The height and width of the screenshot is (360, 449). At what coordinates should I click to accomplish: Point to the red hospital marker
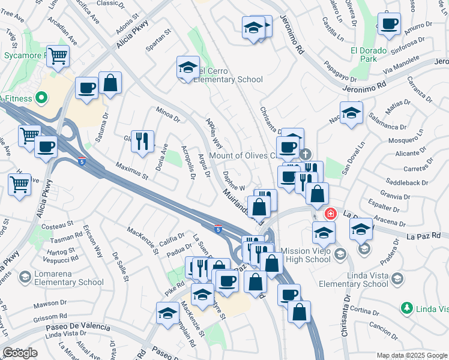click(330, 213)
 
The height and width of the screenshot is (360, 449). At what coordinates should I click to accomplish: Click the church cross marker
click(306, 154)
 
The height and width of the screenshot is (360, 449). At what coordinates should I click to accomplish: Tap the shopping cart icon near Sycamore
click(58, 57)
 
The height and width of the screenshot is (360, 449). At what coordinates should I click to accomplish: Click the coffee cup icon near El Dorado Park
click(389, 24)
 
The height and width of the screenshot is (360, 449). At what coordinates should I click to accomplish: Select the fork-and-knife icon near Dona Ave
click(142, 141)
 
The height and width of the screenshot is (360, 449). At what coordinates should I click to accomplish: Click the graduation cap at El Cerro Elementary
click(188, 67)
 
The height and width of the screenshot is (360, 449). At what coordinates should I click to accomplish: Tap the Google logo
click(20, 353)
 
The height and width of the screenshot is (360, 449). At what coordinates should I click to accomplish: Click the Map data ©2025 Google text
click(411, 355)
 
